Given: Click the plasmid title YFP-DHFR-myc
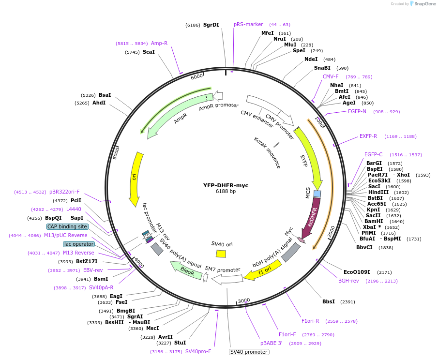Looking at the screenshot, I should (x=226, y=185).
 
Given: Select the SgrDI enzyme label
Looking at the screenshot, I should (x=211, y=25).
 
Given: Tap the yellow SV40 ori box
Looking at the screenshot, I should (x=221, y=254).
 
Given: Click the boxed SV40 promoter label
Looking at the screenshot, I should (x=249, y=352).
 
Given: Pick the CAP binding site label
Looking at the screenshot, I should (x=67, y=226).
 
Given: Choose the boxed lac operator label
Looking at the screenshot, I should (x=79, y=244).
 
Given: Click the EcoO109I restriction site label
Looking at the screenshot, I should (x=357, y=272).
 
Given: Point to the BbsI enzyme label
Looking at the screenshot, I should (x=329, y=301).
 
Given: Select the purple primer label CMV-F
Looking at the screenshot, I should (x=331, y=76).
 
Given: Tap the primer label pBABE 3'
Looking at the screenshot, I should (x=271, y=343).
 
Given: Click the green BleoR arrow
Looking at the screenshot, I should (x=185, y=271).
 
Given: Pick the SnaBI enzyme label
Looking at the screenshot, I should (x=322, y=68).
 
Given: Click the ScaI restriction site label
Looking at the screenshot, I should (x=149, y=52).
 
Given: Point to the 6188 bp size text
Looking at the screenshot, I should (x=226, y=192).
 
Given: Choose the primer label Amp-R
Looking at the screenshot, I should (x=159, y=43).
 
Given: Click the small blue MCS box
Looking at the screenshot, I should (x=317, y=194).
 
